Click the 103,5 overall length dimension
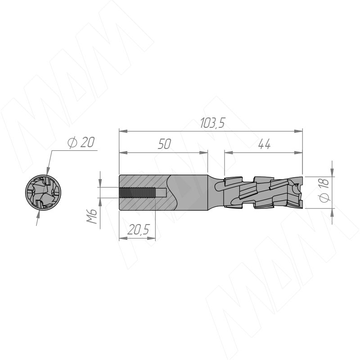pos(212,123)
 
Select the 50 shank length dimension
pos(164,144)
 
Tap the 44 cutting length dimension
pos(264,144)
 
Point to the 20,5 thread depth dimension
pos(138,229)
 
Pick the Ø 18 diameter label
pos(324,190)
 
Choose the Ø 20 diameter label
pos(81,142)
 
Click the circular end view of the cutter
pos(43,192)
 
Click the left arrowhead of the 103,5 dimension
pos(123,131)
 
